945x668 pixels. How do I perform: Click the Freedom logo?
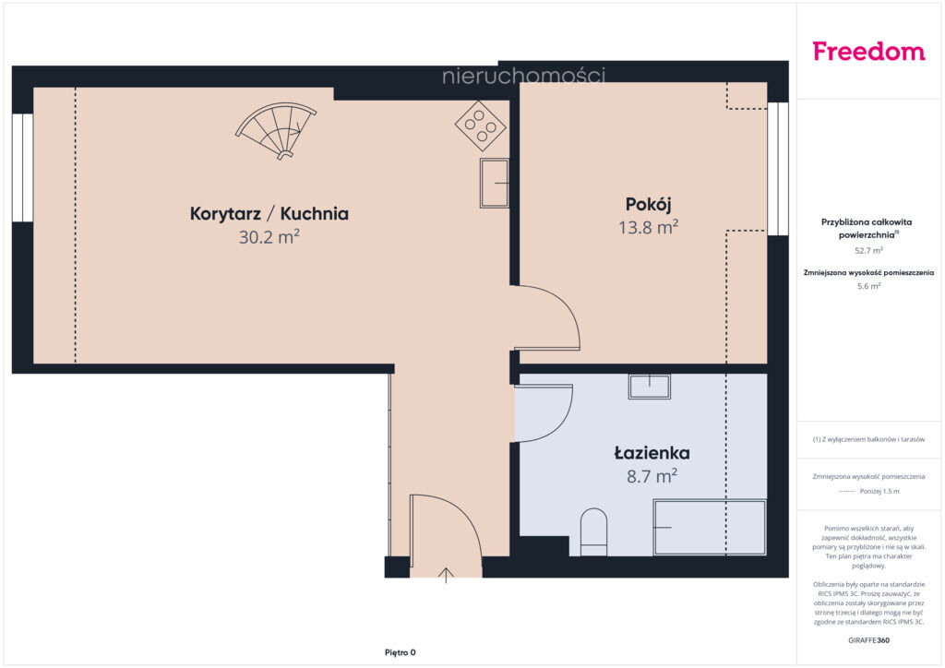[x=868, y=52]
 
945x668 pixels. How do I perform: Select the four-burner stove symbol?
[x=480, y=125]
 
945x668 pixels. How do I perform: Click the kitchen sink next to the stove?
[x=495, y=183]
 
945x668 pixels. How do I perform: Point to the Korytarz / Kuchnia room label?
[x=269, y=214]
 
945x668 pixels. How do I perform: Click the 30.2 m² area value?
[x=269, y=237]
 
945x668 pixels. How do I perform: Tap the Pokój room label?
[x=649, y=205]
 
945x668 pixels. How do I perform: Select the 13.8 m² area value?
[x=649, y=227]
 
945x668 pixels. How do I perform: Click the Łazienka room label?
[x=652, y=453]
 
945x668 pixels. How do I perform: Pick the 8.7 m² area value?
[x=652, y=476]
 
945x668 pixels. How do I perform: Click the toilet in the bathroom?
[x=593, y=532]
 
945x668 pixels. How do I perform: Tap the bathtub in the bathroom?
[x=710, y=527]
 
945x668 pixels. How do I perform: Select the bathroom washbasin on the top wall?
[x=650, y=386]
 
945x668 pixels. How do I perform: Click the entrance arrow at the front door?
[x=446, y=575]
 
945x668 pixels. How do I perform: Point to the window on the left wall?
[x=22, y=167]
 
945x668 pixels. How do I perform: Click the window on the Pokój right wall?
[x=778, y=169]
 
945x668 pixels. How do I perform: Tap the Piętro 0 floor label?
[x=401, y=652]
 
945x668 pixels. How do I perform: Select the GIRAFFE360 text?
[x=868, y=640]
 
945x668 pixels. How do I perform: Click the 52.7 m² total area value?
[x=868, y=251]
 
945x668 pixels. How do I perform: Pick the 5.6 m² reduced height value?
[x=868, y=286]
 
